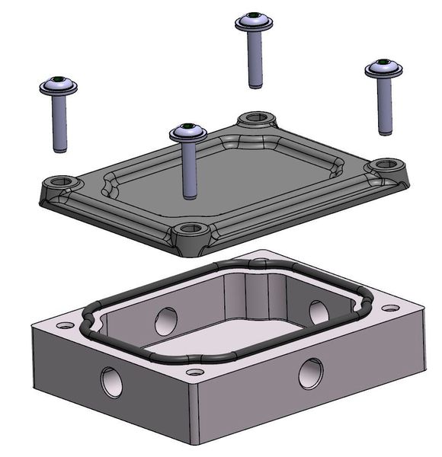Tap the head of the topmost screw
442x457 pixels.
pos(254,21)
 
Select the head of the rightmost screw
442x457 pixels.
pos(383,69)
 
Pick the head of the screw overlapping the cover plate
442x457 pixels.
pos(188,133)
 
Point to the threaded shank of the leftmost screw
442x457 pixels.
pos(59,122)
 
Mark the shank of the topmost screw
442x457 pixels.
pos(255,57)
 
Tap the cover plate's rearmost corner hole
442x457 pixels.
pos(257,118)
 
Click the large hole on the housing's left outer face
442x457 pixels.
pos(111,381)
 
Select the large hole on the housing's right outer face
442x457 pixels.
pos(310,373)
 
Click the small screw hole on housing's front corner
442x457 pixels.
pos(195,372)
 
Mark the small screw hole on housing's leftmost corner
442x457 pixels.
pos(65,325)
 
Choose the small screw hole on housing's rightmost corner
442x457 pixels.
pos(390,308)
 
